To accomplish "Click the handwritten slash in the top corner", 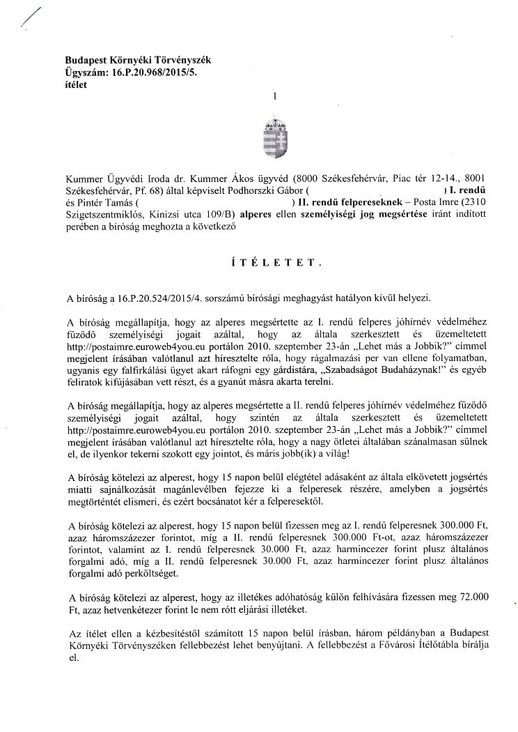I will (x=32, y=15).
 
